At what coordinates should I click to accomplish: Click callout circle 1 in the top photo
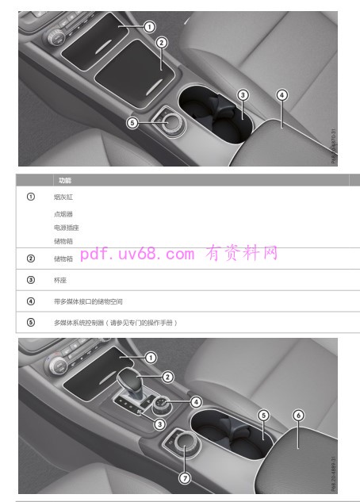[x=149, y=26]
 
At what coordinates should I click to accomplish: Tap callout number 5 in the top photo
[x=132, y=122]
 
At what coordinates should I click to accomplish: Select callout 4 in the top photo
[x=281, y=94]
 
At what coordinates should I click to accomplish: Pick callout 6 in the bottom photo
[x=298, y=415]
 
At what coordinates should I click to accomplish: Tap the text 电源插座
[x=64, y=228]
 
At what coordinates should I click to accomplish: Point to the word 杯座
[x=59, y=280]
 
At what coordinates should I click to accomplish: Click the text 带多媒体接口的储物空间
[x=88, y=301]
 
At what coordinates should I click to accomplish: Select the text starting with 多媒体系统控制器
[x=115, y=323]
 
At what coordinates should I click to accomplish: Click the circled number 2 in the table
[x=30, y=258]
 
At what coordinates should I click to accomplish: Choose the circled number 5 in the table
[x=30, y=323]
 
